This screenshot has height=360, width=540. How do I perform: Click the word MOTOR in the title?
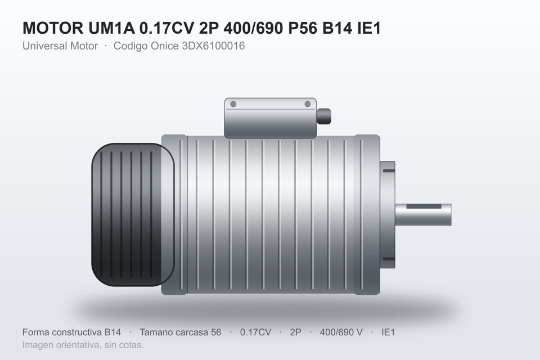tap(53, 28)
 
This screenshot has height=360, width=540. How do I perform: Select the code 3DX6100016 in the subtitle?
tap(213, 46)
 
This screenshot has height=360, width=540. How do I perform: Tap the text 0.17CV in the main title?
tap(166, 28)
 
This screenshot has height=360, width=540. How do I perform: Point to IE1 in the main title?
tap(369, 28)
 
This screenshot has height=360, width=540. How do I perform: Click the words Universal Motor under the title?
tap(60, 46)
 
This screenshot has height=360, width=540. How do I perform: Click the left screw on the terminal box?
tap(233, 104)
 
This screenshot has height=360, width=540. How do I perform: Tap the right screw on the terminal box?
tap(308, 104)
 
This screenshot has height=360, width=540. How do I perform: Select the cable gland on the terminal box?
tap(324, 116)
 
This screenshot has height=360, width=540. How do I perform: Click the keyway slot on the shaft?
tap(424, 206)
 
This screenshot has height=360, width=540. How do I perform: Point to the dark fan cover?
tap(133, 215)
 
